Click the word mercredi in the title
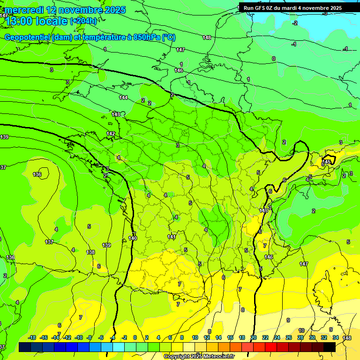tap(24, 10)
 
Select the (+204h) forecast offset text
tap(83, 21)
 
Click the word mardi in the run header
tap(295, 8)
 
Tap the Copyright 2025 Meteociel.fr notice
tap(200, 357)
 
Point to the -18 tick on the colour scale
tap(32, 337)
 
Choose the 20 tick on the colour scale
tap(254, 337)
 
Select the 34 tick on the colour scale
tap(336, 337)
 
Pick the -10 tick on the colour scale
tap(79, 337)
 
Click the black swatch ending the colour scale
tap(330, 347)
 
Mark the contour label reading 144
tap(123, 97)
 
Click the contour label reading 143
tap(116, 114)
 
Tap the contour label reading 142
tap(111, 134)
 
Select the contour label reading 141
tap(172, 237)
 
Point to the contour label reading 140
tap(133, 238)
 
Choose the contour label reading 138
tap(90, 252)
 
